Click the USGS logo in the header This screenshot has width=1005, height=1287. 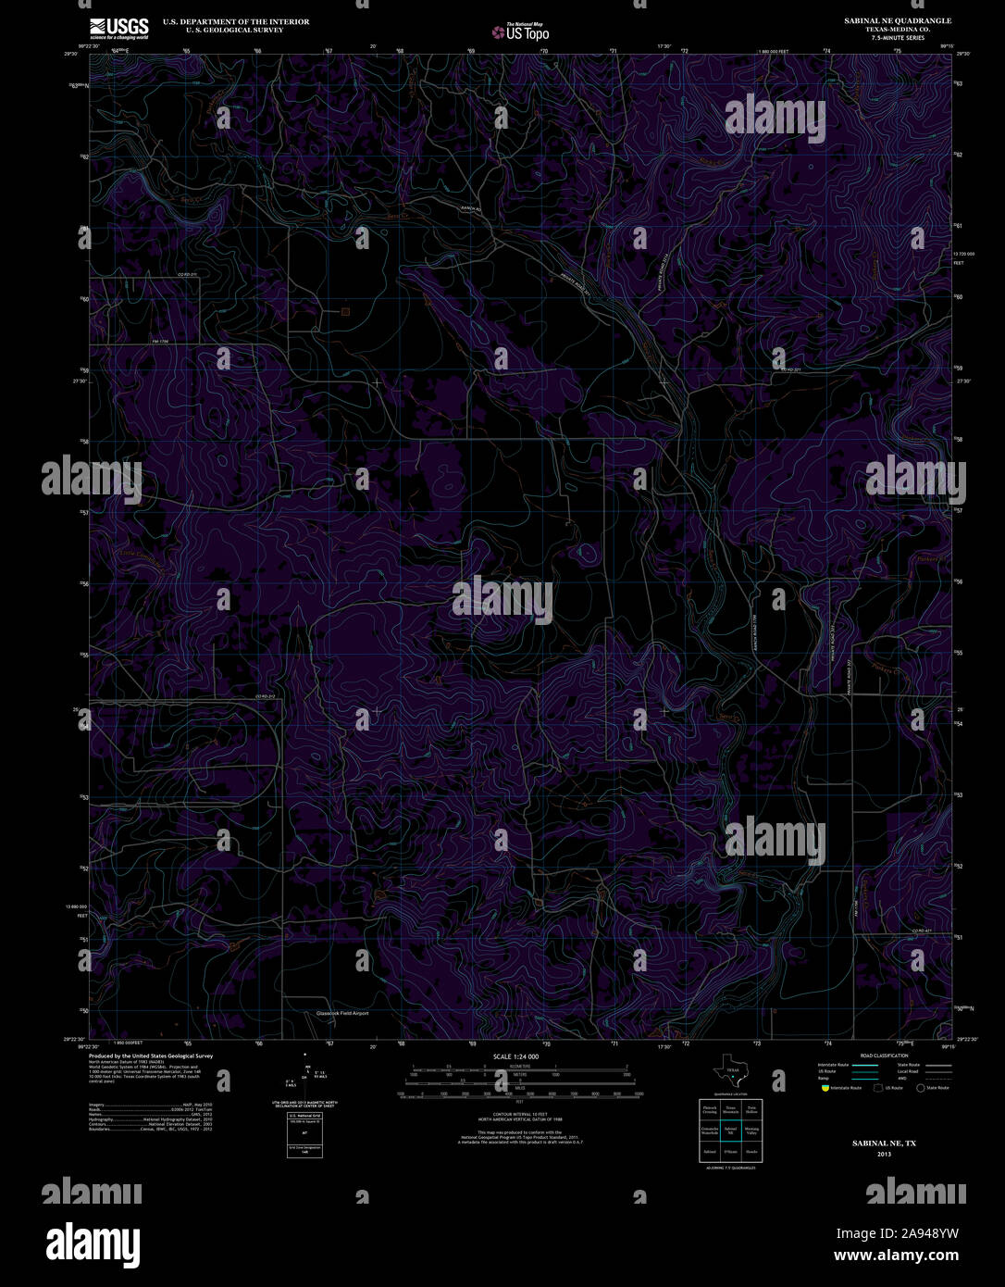(x=118, y=28)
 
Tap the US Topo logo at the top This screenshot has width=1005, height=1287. (x=521, y=33)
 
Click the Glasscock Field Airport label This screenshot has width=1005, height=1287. (x=342, y=1013)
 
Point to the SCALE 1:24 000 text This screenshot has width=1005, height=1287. (x=516, y=1056)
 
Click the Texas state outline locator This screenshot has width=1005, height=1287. (x=731, y=1071)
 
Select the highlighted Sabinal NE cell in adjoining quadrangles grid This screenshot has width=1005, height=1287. (x=730, y=1130)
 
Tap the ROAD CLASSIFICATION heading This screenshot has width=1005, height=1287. (x=884, y=1056)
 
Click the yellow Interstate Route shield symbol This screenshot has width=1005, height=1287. (x=825, y=1088)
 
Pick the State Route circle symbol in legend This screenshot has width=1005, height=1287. (x=920, y=1088)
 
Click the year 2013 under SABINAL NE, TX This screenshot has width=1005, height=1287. (x=884, y=1155)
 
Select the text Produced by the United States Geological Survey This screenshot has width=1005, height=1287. (x=151, y=1056)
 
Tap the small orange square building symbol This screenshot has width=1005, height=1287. (x=345, y=311)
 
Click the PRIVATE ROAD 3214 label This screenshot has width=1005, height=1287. (x=665, y=269)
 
